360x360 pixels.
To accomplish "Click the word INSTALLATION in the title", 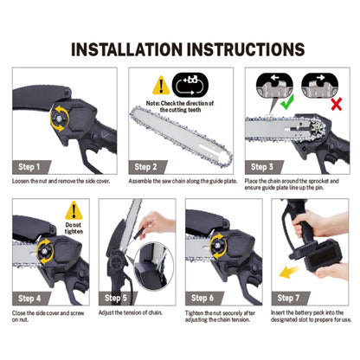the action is coord(127,49).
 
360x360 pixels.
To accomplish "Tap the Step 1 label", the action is coord(29,167).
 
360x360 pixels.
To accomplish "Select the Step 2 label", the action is coord(145,167).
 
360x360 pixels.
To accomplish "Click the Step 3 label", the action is coord(262,167).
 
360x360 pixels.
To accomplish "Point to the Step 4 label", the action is coord(29,299).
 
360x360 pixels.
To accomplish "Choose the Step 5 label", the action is coord(116,298).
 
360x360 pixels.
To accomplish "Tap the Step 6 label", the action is coord(202,298).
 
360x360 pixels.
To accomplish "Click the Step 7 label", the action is coord(288,298).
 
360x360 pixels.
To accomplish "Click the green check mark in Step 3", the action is coord(287,102).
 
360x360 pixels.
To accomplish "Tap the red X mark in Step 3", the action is coord(337,104).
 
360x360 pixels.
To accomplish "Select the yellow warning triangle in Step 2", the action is coord(161,85).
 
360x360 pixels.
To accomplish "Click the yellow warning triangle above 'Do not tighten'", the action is coord(74,210).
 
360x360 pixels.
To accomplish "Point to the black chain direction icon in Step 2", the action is coord(190,85).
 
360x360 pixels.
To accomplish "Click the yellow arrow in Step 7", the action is coord(289,272).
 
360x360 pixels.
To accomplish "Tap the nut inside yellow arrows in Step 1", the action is coord(59,119).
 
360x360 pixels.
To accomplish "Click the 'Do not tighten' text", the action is coord(74,228).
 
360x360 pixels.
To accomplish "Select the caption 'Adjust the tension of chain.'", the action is coord(131,312).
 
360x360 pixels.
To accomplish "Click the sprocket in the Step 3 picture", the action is coord(317,129).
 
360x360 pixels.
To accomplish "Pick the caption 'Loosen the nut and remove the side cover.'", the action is coord(61,181).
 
